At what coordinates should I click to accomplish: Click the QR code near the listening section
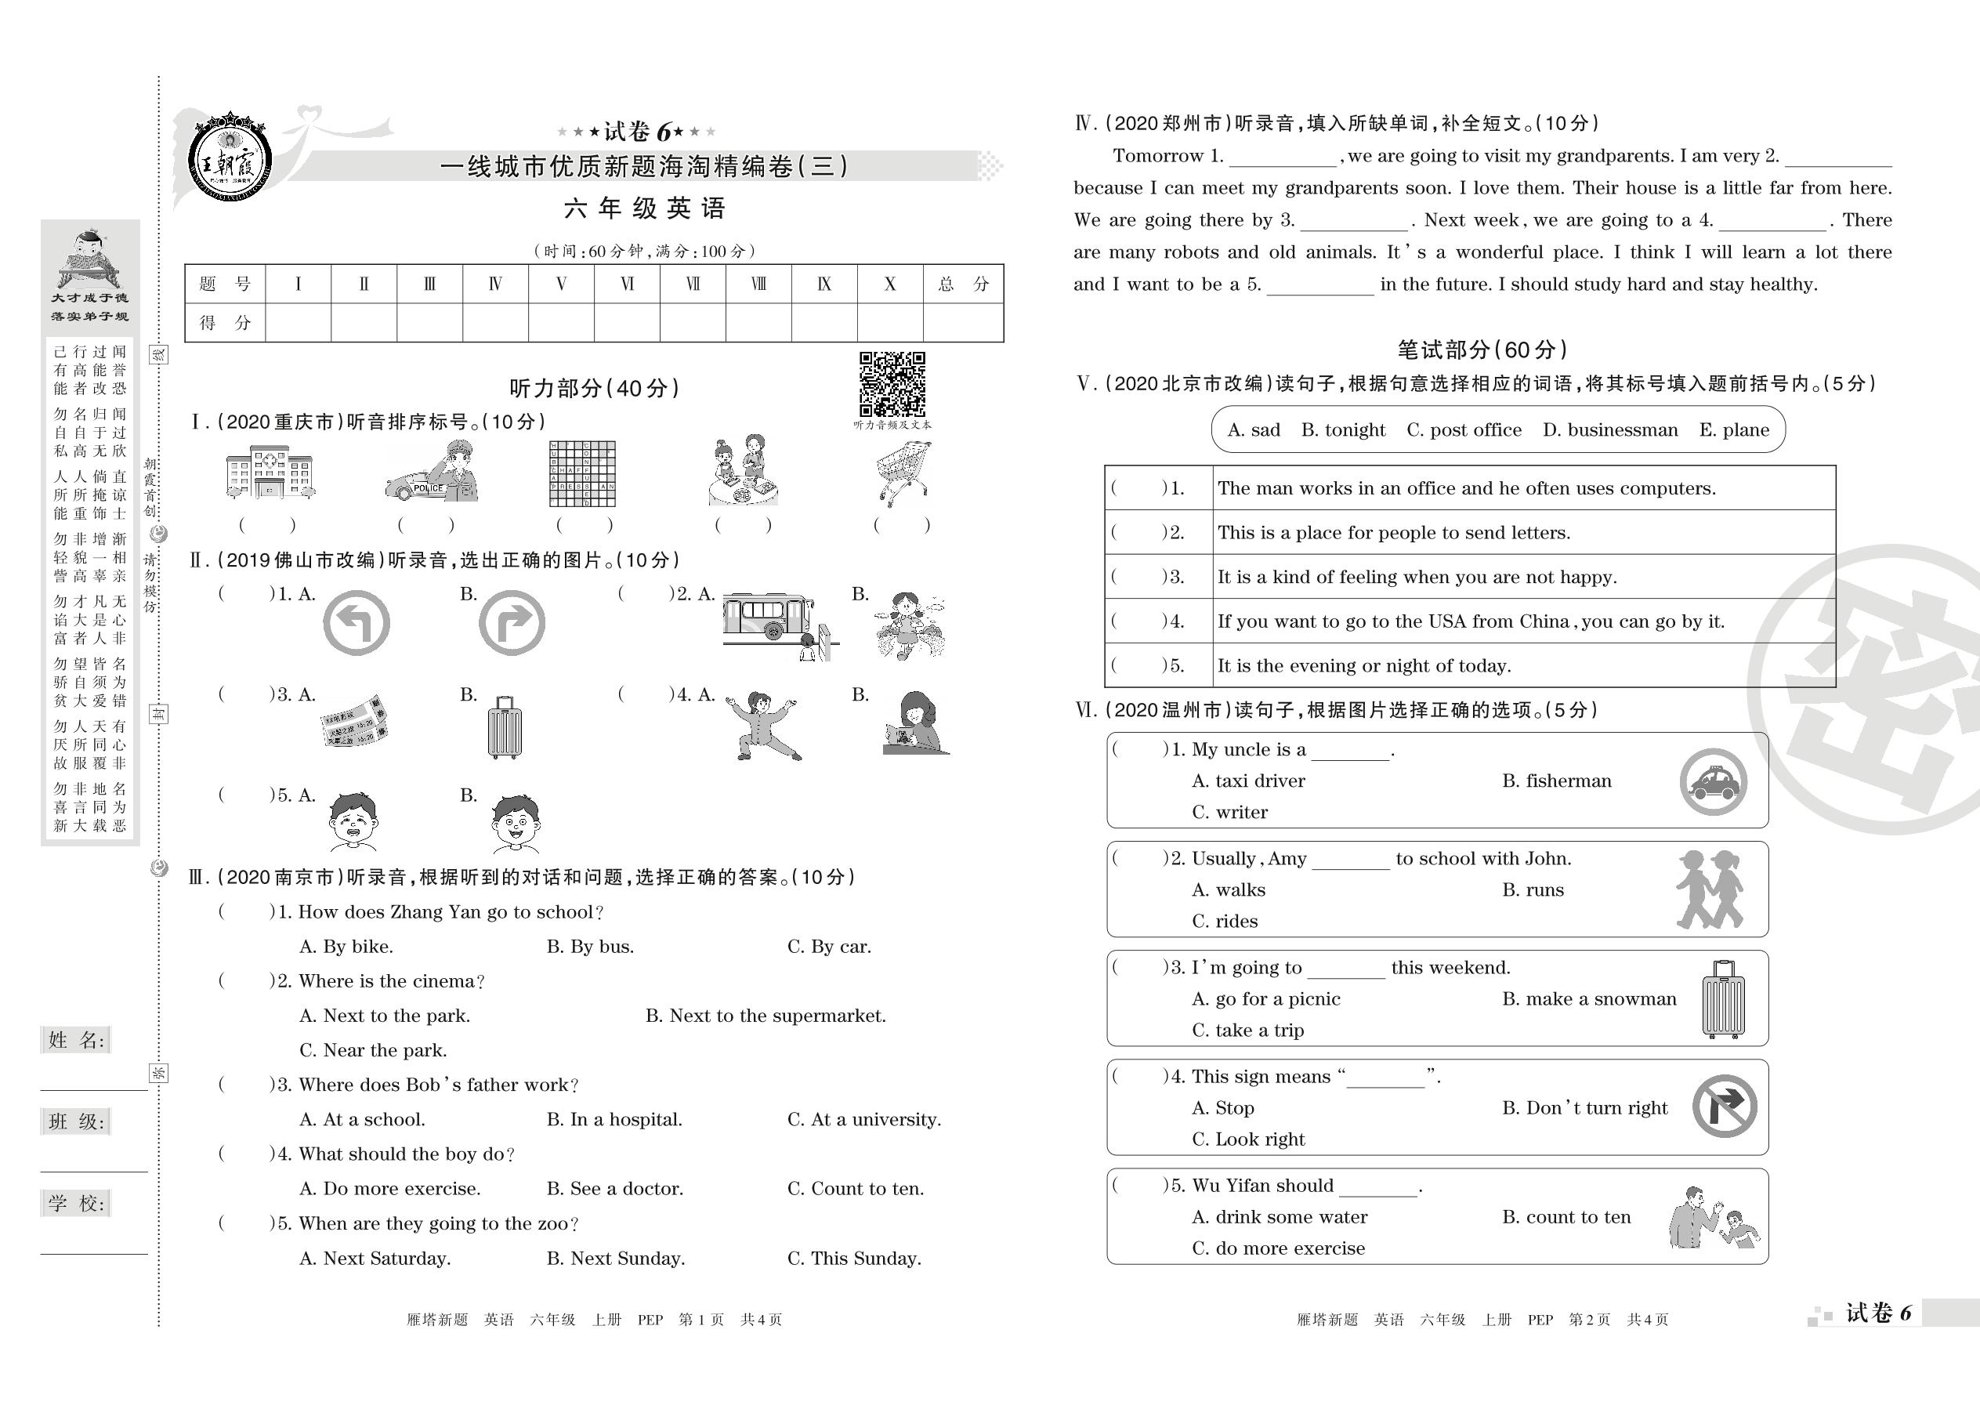tap(892, 384)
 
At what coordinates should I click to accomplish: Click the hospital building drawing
tap(270, 473)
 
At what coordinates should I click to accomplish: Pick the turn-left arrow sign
tap(357, 622)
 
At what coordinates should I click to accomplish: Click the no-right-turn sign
tap(1724, 1106)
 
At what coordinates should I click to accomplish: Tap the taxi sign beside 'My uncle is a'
tap(1714, 782)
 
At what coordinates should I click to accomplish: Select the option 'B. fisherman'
tap(1556, 781)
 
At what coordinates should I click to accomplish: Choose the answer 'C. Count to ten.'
tap(855, 1189)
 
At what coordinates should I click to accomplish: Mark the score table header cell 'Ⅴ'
tap(561, 284)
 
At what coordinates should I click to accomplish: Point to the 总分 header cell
tap(962, 284)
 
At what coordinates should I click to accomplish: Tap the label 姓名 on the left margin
tap(76, 1039)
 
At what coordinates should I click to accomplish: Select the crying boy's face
tap(353, 822)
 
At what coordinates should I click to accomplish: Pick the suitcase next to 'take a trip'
tap(1723, 1000)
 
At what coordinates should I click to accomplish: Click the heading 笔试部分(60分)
tap(1481, 350)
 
